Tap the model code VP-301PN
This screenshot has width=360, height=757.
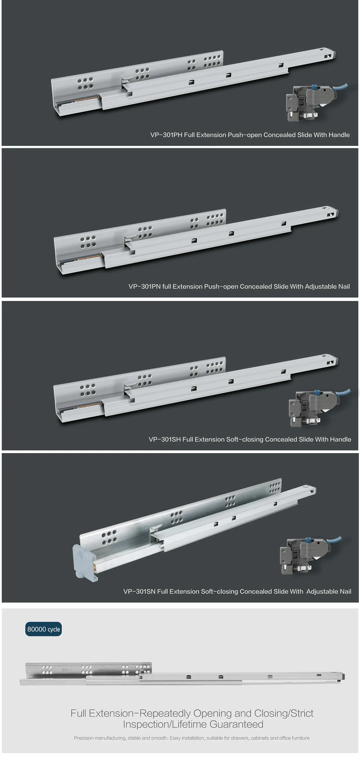(144, 287)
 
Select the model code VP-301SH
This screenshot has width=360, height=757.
(165, 439)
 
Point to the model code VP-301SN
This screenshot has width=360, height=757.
(139, 592)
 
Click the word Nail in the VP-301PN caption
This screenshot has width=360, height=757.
(344, 287)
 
